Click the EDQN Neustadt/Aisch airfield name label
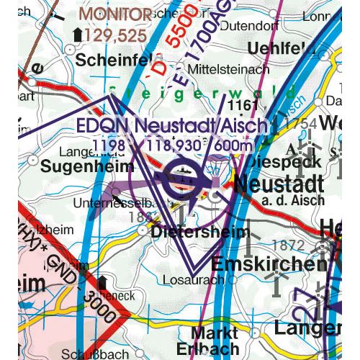(x=172, y=127)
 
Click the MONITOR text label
(x=115, y=14)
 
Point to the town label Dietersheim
(x=202, y=233)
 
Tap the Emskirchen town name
(x=269, y=264)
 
